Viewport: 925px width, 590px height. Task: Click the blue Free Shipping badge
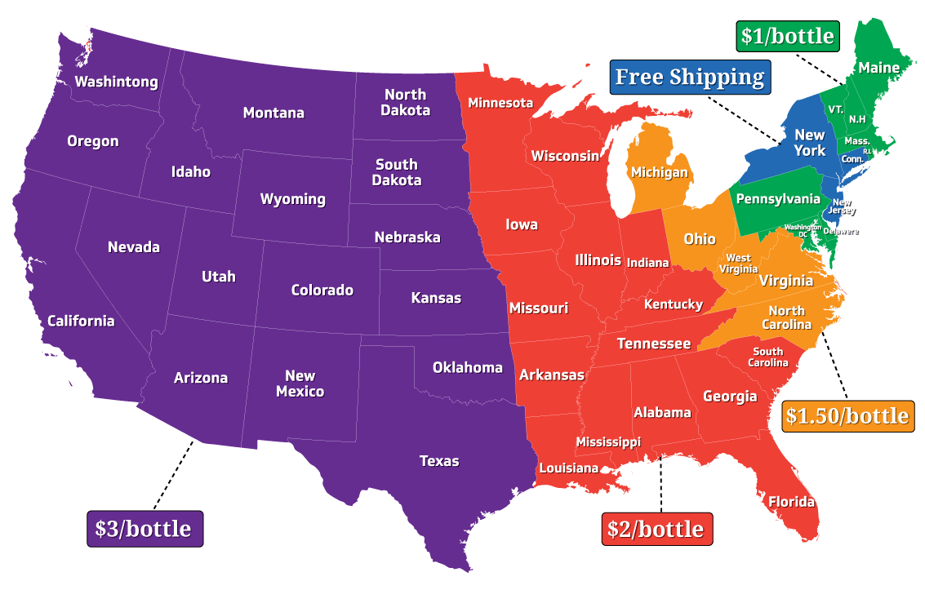[690, 77]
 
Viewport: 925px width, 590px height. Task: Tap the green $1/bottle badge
[788, 36]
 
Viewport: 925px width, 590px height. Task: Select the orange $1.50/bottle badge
[847, 416]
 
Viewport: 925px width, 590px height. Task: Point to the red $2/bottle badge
[657, 529]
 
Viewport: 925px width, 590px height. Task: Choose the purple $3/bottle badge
[145, 529]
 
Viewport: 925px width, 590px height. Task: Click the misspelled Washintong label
[116, 82]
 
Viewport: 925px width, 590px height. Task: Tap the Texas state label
[439, 461]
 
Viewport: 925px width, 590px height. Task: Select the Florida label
[791, 501]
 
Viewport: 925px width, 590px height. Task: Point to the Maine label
[878, 68]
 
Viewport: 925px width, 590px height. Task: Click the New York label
[810, 143]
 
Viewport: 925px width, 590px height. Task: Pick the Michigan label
[659, 173]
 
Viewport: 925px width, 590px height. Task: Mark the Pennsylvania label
[778, 199]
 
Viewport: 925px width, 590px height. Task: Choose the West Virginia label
[738, 264]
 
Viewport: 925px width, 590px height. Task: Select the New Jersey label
[842, 206]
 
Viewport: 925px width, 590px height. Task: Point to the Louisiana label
[568, 468]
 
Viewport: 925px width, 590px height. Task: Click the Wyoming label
[292, 199]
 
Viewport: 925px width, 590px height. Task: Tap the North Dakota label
[406, 103]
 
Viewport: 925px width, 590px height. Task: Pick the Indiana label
[647, 263]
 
